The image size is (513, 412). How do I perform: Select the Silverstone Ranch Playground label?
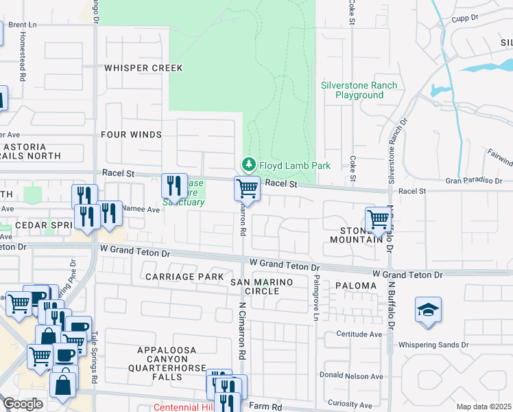(x=359, y=90)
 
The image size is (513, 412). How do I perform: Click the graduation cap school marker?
(x=428, y=310)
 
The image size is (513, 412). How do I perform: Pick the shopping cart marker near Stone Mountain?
(x=378, y=220)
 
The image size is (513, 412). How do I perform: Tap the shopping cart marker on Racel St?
(x=247, y=188)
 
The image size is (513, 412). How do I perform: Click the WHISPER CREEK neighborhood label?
(x=143, y=68)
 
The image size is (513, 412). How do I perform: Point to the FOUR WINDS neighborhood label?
(x=131, y=135)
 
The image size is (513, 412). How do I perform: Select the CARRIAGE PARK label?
(x=184, y=276)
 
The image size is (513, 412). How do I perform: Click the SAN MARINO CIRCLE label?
(x=261, y=286)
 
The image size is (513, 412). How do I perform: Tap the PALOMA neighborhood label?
(x=356, y=285)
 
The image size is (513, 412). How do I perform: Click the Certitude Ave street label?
(x=359, y=334)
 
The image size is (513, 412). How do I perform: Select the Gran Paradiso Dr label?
(x=475, y=181)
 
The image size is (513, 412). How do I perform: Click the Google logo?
(x=23, y=404)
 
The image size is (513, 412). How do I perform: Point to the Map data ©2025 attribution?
(x=484, y=407)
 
